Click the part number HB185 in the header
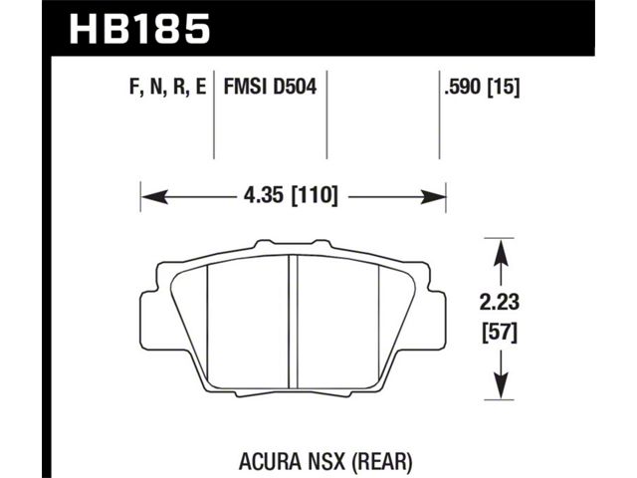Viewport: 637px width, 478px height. [x=139, y=28]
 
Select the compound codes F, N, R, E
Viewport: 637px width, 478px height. [x=168, y=87]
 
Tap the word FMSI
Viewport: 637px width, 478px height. [x=246, y=87]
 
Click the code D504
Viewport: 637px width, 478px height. [x=295, y=87]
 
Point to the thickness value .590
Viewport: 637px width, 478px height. [x=463, y=87]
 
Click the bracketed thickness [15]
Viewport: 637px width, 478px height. [x=503, y=87]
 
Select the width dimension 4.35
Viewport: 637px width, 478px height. [x=263, y=196]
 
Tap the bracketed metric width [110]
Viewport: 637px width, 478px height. [x=316, y=196]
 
